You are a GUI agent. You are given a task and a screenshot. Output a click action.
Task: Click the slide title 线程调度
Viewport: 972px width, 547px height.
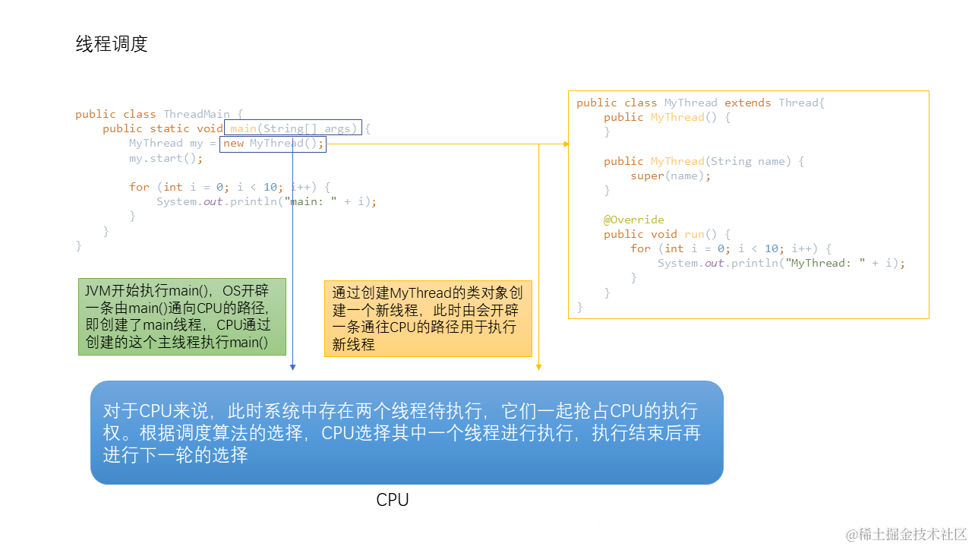(112, 44)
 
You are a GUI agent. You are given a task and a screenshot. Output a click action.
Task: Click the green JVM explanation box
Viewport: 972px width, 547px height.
(182, 317)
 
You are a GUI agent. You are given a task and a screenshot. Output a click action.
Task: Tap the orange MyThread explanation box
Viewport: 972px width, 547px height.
(428, 318)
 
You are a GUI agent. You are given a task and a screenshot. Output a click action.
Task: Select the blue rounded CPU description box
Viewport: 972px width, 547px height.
(406, 432)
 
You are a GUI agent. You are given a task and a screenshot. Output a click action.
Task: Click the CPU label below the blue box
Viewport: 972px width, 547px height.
(393, 500)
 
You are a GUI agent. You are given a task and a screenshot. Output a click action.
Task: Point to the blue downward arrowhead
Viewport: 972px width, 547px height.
(292, 367)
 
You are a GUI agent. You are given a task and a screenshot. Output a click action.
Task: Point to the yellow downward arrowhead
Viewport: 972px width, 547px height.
(538, 367)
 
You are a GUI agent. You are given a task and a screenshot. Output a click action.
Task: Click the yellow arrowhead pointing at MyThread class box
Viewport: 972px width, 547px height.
(566, 144)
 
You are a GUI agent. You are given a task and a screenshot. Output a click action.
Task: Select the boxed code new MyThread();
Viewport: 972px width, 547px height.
(273, 144)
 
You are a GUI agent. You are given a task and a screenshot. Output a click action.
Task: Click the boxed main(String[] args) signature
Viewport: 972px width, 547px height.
(293, 128)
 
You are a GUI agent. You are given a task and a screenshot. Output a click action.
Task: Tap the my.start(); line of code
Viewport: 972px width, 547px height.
(166, 158)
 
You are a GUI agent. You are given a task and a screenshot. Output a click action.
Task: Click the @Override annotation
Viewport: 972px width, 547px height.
(634, 220)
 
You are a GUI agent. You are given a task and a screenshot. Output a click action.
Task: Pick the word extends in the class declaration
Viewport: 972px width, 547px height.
(747, 103)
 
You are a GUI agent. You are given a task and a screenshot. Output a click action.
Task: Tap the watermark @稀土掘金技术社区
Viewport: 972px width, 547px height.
(906, 534)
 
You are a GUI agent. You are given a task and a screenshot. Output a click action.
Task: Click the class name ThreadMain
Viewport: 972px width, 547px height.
(197, 114)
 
